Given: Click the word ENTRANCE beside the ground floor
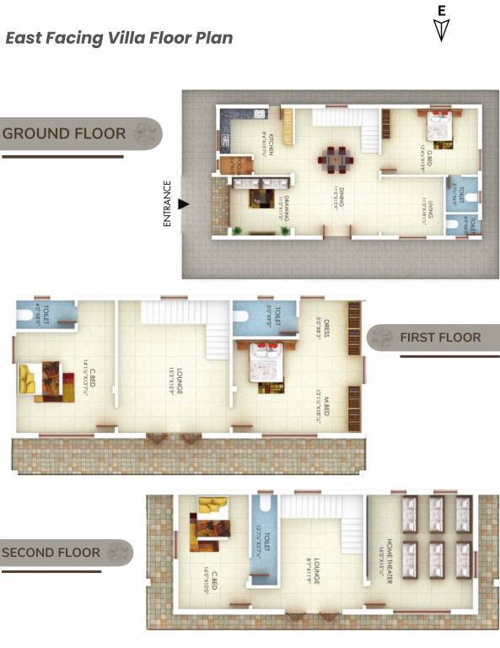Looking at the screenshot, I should [168, 204].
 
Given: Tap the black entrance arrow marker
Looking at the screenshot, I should [183, 203].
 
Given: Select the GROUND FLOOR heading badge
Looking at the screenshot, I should [80, 133].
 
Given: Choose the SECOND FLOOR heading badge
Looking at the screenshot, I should [66, 553].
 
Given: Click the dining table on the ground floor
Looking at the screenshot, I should [336, 157].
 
